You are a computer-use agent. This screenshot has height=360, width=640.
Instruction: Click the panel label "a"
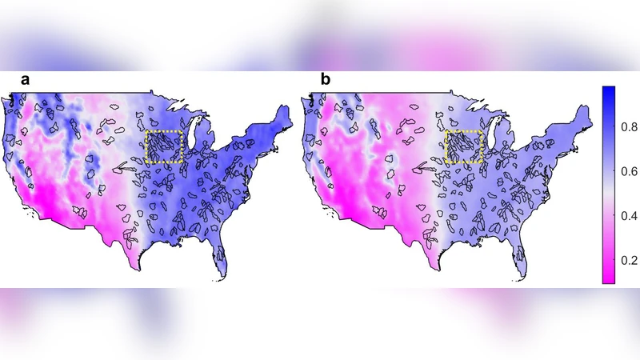[x=26, y=79]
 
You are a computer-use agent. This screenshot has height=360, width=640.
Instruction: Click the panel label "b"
[x=325, y=79]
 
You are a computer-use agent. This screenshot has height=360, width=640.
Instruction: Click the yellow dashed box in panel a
[x=166, y=148]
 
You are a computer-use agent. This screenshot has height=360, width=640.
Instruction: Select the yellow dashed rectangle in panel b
[x=464, y=148]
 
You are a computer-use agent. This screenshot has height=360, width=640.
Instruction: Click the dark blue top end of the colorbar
[x=607, y=90]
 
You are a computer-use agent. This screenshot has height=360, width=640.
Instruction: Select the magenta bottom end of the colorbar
[x=607, y=280]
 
